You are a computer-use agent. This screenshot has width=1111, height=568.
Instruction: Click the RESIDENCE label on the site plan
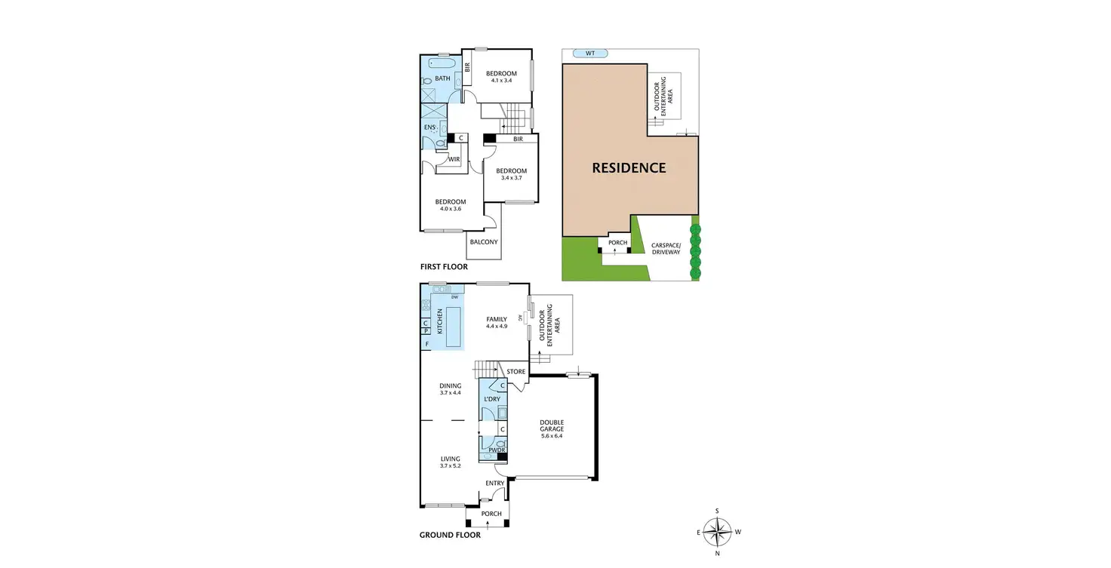(629, 167)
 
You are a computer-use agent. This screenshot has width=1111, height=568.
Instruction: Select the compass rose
(717, 532)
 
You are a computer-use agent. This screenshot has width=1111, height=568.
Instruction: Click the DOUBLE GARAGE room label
(552, 425)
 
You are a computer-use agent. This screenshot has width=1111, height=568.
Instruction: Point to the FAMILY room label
(497, 319)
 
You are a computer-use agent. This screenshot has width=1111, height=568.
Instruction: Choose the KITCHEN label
(440, 321)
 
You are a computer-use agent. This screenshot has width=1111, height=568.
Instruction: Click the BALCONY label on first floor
(484, 242)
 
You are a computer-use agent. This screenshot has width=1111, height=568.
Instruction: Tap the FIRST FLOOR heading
(444, 267)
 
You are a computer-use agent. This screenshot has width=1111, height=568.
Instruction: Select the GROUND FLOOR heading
(450, 536)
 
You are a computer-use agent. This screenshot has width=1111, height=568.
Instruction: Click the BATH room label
(442, 78)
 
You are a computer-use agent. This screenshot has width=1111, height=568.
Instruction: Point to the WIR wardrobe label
(454, 160)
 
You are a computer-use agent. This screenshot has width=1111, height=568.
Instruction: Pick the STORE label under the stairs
(516, 372)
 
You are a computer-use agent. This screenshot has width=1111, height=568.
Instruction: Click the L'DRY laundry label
(492, 399)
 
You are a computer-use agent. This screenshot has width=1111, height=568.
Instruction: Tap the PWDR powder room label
(496, 450)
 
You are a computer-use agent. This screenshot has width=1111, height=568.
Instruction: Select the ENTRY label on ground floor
(495, 484)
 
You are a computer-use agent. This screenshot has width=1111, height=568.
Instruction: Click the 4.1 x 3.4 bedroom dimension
(501, 81)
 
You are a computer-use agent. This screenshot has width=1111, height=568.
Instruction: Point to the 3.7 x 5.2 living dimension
(451, 466)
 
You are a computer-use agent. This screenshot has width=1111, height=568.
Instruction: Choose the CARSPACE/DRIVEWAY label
(666, 248)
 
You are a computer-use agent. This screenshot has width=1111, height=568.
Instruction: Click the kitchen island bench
(454, 329)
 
